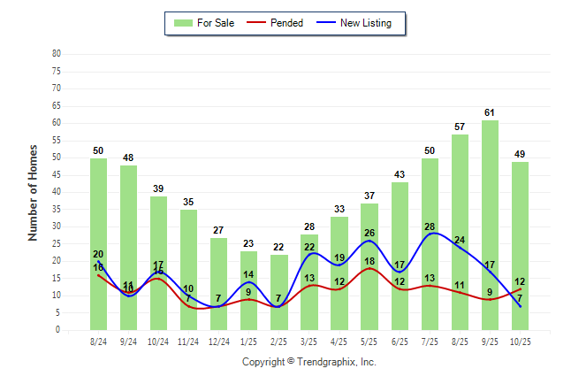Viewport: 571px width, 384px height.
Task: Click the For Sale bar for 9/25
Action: (x=490, y=226)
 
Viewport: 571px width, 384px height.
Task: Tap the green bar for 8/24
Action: (x=98, y=243)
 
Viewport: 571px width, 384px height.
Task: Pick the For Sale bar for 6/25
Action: (x=400, y=257)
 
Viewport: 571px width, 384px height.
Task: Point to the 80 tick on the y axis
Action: (x=57, y=53)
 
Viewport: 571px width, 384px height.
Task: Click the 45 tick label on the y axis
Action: (x=57, y=174)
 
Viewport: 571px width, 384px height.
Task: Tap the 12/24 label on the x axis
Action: (x=219, y=341)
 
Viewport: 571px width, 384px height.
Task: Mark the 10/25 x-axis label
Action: (x=520, y=341)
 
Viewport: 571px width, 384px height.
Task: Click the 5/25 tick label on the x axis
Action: (x=369, y=341)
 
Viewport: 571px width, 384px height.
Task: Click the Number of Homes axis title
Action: (x=34, y=192)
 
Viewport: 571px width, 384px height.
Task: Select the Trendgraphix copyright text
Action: (x=309, y=362)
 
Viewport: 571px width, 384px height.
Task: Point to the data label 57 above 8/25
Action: (x=460, y=127)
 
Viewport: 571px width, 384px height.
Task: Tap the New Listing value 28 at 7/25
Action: (x=430, y=227)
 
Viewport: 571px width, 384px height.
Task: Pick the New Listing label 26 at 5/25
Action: (x=369, y=234)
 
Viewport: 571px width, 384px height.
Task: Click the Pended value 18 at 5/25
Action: (x=369, y=262)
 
